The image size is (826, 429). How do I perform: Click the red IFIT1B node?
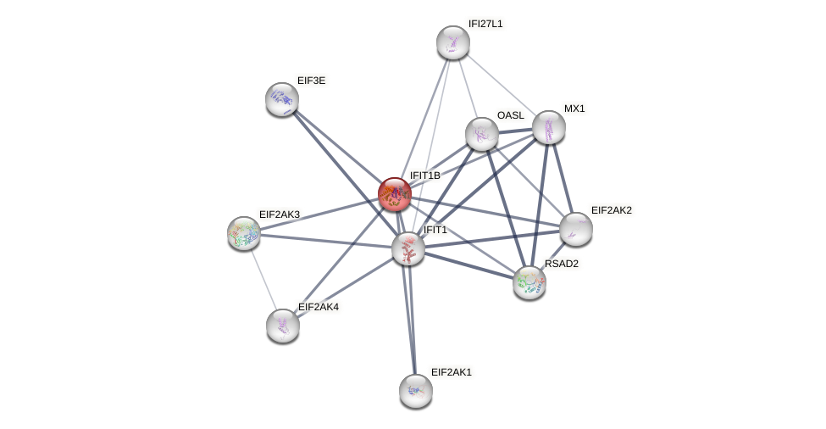tap(395, 194)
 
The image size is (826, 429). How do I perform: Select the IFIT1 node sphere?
tap(408, 248)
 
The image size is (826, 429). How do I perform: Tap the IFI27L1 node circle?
tap(453, 42)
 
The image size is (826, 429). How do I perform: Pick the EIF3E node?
tap(282, 99)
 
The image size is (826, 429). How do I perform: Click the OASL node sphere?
tap(482, 133)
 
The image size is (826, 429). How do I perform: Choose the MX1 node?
tap(549, 127)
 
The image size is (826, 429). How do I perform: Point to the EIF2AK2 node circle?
tap(576, 229)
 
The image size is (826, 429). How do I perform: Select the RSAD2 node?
tap(529, 282)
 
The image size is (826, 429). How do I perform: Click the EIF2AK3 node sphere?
tap(244, 233)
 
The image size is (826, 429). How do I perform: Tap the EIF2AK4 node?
tap(283, 326)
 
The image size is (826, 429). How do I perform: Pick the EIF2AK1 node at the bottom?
tap(416, 391)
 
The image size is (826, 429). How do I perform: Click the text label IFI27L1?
tap(485, 24)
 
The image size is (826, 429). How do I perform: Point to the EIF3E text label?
tap(311, 81)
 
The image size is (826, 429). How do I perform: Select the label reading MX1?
tap(574, 109)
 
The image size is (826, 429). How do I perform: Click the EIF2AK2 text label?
tap(611, 210)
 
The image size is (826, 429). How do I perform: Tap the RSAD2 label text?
tap(561, 264)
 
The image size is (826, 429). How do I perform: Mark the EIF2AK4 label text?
tap(318, 307)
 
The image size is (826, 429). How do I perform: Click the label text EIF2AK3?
tap(279, 214)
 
